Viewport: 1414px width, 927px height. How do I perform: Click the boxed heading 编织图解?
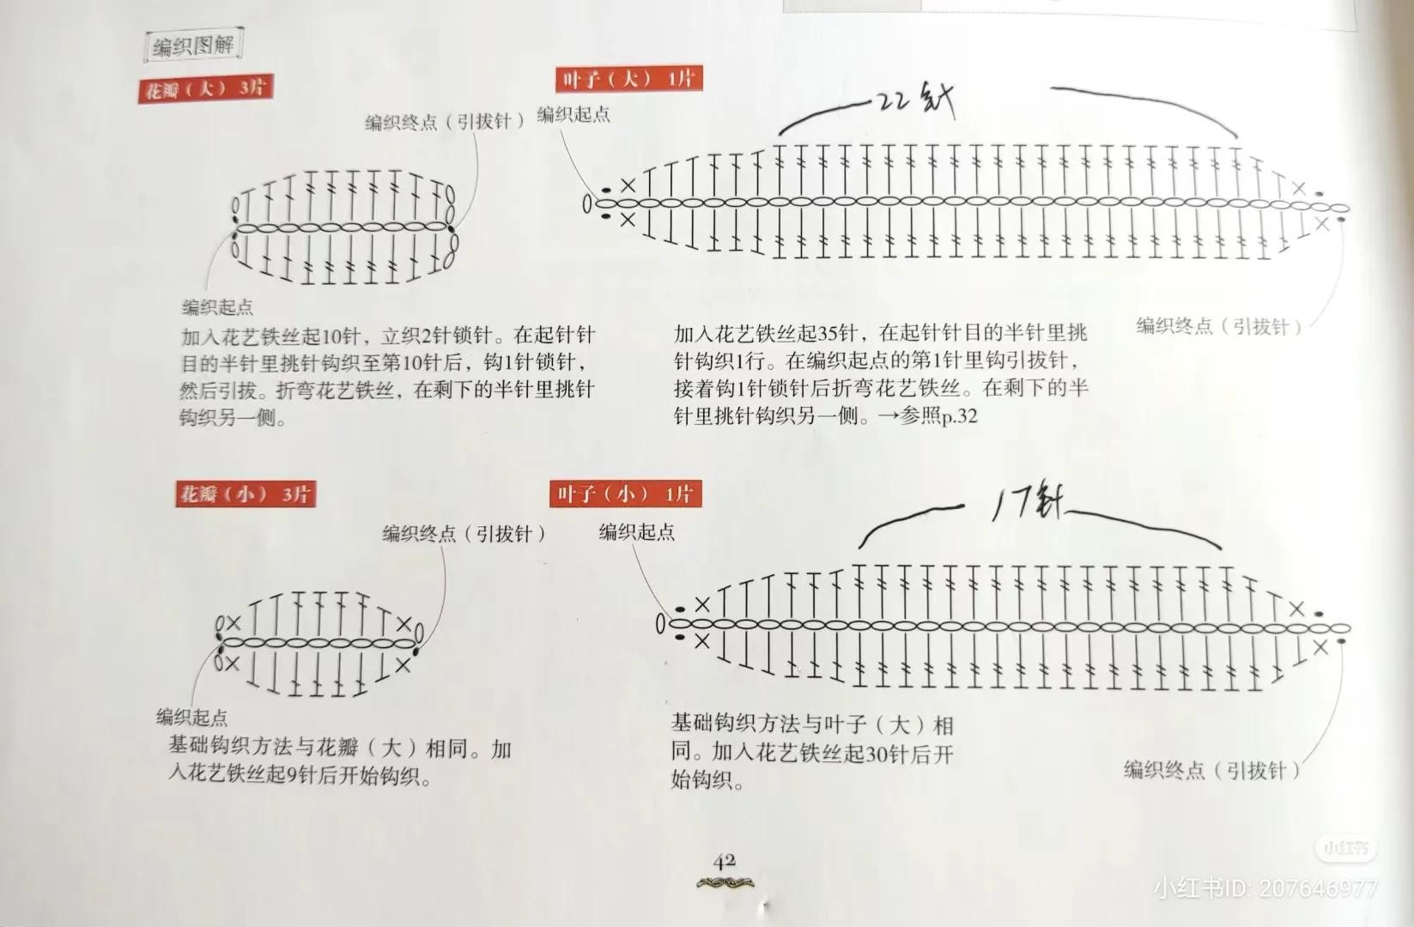coord(193,45)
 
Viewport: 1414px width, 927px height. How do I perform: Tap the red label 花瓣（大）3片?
coord(205,89)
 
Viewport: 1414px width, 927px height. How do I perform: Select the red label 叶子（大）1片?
coord(628,80)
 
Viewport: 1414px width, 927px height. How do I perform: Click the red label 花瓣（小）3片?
coord(245,494)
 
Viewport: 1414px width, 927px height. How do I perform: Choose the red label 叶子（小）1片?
coord(624,494)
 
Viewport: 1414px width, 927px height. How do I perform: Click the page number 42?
coord(724,861)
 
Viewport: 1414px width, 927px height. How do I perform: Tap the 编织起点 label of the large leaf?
coord(573,115)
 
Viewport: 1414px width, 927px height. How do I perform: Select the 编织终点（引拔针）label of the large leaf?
coord(1219,326)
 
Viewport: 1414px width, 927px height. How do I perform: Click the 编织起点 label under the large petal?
coord(217,307)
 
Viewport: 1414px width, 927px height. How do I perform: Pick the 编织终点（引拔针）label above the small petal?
coord(464,534)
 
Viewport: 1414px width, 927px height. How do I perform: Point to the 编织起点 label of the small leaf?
coord(636,533)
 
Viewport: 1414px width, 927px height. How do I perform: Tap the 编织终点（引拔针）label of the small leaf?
coord(1211,770)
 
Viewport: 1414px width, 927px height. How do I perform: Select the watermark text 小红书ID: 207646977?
coord(1265,888)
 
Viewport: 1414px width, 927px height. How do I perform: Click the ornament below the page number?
coord(725,883)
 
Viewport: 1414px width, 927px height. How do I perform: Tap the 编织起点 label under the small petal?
coord(191,717)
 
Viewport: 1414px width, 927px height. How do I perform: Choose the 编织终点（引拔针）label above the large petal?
coord(445,122)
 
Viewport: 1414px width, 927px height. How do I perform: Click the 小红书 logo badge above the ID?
coord(1344,849)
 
